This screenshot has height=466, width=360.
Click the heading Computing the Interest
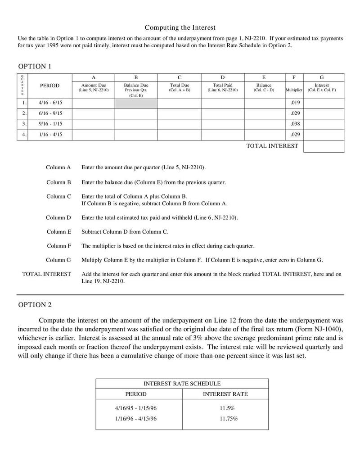coord(180,27)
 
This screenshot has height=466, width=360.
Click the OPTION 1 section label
coord(35,67)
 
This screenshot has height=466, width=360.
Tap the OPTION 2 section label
coord(35,305)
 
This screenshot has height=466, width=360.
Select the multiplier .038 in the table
coord(295,124)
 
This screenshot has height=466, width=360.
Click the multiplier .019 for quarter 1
coord(295,103)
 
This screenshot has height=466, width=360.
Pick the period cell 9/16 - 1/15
coord(50,124)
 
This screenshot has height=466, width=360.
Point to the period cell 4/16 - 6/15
coord(50,103)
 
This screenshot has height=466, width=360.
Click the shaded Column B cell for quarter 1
coord(136,103)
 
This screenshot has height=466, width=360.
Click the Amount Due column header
coord(94,87)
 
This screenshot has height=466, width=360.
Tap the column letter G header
coord(322,77)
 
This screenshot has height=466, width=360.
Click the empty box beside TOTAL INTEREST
coord(324,146)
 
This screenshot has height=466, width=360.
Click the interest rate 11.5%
coord(227,408)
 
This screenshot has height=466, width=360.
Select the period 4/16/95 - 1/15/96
coord(136,408)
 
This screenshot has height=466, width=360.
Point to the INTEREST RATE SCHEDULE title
coord(182,384)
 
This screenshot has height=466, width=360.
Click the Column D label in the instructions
coord(58,217)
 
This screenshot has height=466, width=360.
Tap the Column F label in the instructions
coord(59,246)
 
